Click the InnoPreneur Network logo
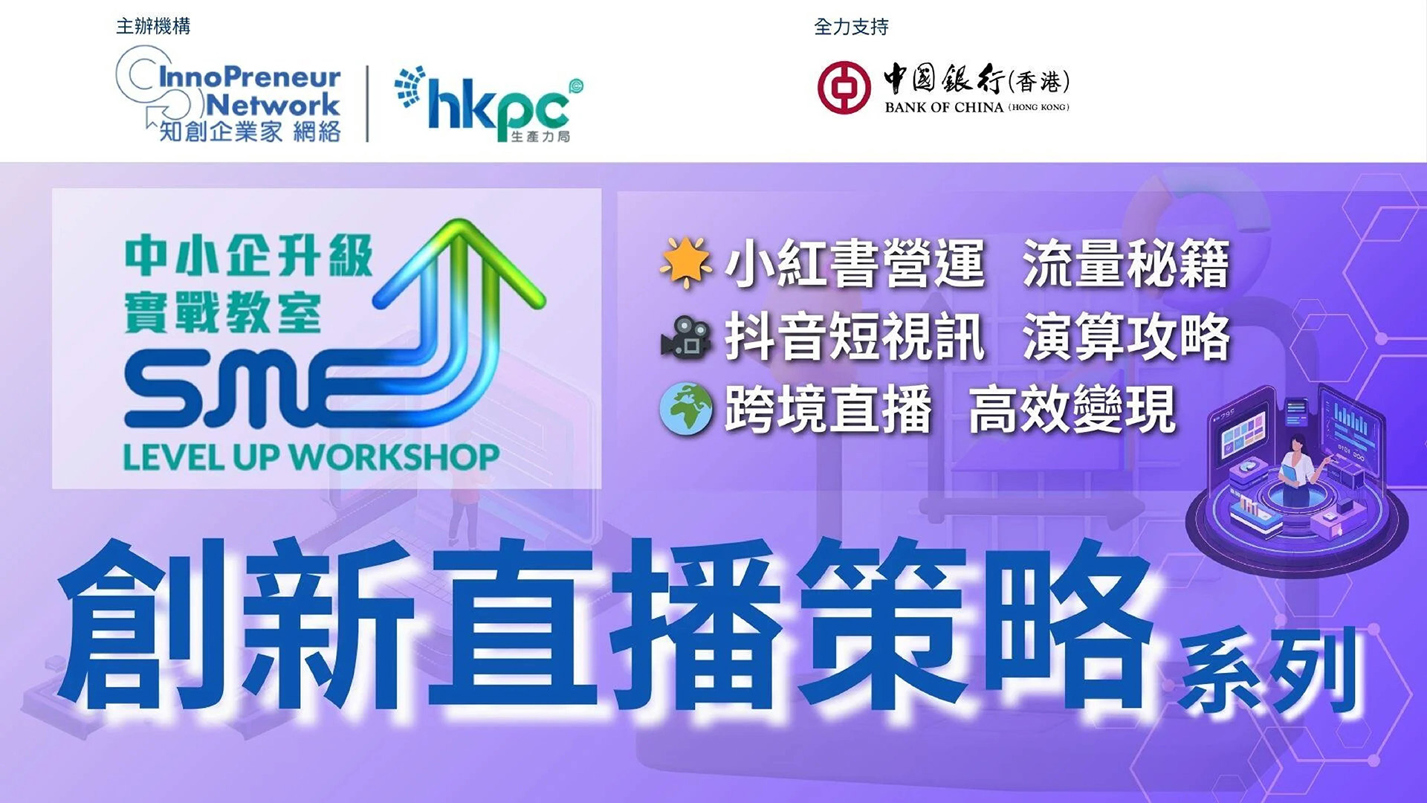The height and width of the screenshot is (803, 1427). point(229,94)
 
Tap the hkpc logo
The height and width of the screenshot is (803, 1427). point(488,103)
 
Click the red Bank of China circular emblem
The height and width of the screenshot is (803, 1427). point(844,87)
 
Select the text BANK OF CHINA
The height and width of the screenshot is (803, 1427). point(944,107)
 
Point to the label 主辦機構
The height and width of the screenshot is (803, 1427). point(153,27)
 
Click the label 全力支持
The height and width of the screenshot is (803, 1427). point(851,28)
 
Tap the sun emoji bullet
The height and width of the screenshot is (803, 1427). point(685,263)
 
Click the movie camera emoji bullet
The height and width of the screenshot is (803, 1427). point(685,338)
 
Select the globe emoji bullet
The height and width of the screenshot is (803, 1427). point(685,409)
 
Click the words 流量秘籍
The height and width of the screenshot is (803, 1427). point(1126,264)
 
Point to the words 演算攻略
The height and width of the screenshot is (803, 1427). point(1126,338)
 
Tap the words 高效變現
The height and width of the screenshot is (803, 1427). point(1072,409)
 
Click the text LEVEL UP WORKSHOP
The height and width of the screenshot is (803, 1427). point(311,457)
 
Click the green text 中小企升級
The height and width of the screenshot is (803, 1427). point(249,257)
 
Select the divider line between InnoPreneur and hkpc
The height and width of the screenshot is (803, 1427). point(367,104)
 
